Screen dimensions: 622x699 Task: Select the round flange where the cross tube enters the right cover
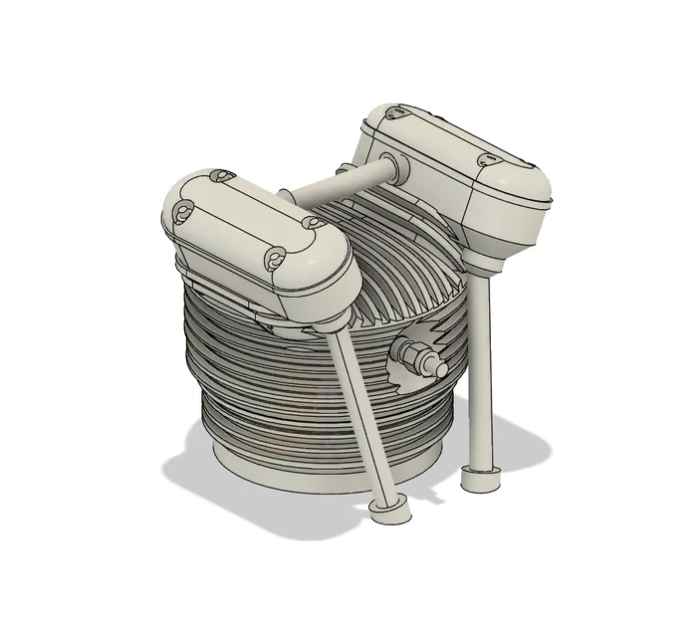click(387, 168)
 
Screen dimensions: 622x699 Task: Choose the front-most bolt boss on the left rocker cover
click(275, 260)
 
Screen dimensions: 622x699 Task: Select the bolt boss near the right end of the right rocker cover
click(489, 158)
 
